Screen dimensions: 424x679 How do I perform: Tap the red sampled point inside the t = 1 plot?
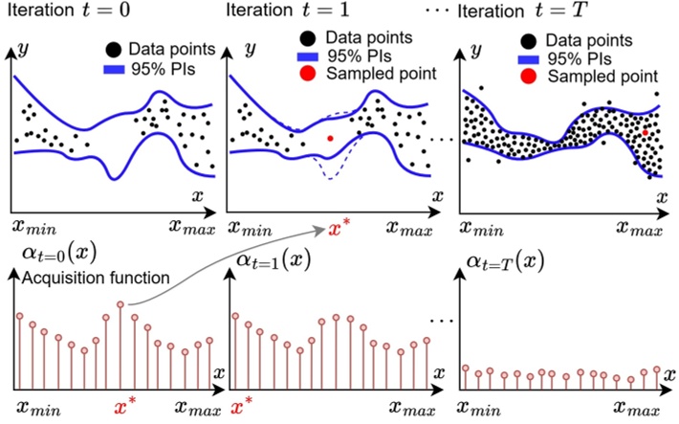(x=330, y=139)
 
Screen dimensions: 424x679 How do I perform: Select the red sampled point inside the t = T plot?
(x=646, y=134)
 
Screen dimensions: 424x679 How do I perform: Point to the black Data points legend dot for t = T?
(x=527, y=42)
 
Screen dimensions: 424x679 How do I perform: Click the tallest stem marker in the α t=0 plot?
(x=120, y=304)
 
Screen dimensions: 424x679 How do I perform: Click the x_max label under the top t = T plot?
(x=637, y=228)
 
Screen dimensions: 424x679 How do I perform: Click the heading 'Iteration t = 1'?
(x=285, y=12)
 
